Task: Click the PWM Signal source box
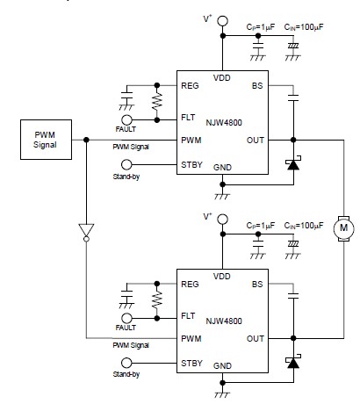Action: tap(46, 140)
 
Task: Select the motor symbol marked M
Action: tap(344, 228)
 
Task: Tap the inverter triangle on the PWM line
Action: tap(86, 230)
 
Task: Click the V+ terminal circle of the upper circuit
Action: tap(222, 21)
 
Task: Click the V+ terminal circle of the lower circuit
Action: tap(222, 219)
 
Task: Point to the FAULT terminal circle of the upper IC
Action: tap(126, 119)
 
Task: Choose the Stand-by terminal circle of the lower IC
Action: tap(126, 363)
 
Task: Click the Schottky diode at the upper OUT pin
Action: tap(293, 163)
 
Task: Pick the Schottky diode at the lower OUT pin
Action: tap(293, 362)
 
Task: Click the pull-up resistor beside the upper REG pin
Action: tap(157, 101)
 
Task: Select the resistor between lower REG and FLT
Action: tap(157, 299)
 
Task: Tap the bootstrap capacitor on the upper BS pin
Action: tap(293, 97)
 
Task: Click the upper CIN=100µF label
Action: tap(304, 27)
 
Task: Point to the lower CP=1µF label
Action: tap(261, 226)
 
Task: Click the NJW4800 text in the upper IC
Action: tap(224, 122)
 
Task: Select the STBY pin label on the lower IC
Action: tap(191, 363)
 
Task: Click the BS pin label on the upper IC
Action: tap(257, 86)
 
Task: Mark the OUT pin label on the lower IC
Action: tap(256, 339)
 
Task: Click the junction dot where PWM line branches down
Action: tap(86, 140)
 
